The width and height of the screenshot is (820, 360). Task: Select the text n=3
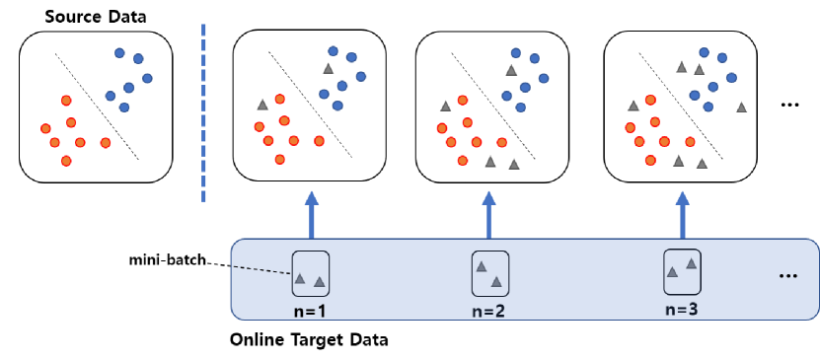[681, 308]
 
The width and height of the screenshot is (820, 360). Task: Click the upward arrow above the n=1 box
[312, 214]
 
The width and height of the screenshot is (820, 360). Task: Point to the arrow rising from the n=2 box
[488, 214]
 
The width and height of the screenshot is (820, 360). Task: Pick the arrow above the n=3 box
[682, 214]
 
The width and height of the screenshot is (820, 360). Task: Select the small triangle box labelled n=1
[310, 274]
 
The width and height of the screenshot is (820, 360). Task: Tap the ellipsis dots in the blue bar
[788, 276]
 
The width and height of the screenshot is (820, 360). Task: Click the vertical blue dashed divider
[204, 113]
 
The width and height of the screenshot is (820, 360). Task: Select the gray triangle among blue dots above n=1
[329, 69]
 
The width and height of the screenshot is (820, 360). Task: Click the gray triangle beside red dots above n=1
[262, 105]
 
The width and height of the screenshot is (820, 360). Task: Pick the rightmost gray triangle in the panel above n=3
[741, 106]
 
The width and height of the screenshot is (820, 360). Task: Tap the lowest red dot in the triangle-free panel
[66, 161]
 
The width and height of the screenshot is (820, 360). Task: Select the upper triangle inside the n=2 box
[481, 266]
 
